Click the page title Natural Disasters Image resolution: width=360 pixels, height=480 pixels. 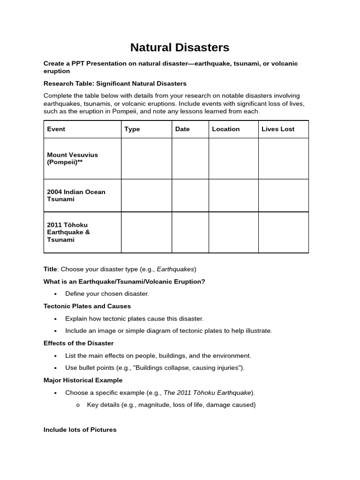pos(180,47)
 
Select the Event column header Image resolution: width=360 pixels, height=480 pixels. pos(56,129)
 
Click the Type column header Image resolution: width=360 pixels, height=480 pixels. pos(132,129)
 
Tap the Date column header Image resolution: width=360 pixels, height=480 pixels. pos(182,129)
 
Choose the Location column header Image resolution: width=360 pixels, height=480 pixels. pos(225,129)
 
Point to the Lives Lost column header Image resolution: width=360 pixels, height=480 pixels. pos(278,129)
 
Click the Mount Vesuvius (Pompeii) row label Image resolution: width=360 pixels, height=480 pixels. pos(73,158)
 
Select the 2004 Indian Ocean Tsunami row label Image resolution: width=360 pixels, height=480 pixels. pos(76,195)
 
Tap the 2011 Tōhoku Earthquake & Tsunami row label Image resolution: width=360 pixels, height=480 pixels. pos(68,232)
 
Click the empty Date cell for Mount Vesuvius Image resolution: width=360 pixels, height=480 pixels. pos(190,158)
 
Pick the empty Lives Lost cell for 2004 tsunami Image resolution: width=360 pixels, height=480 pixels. pos(283,195)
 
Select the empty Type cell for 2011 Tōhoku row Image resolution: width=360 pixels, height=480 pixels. pos(146,232)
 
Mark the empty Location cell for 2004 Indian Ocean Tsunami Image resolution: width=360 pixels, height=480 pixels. pos(233,195)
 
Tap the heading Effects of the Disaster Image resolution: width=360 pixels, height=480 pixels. pos(78,343)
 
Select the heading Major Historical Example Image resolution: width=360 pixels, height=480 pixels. pos(83,380)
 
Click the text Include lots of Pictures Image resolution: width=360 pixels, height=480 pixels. pos(80,429)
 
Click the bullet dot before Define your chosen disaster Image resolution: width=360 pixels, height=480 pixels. pos(55,294)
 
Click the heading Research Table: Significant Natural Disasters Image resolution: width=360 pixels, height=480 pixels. pos(115,83)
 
